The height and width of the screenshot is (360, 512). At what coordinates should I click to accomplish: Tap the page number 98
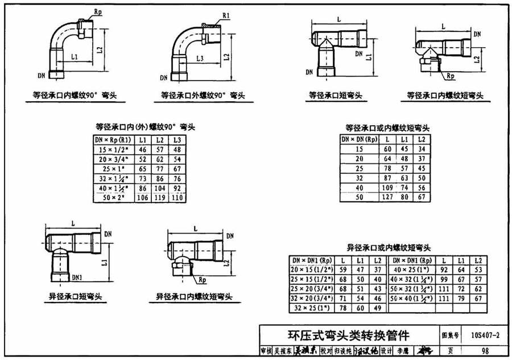[485, 351]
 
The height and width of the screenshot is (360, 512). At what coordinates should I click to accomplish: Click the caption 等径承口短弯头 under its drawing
[336, 96]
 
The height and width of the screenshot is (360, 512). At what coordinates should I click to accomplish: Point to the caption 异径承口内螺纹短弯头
[194, 297]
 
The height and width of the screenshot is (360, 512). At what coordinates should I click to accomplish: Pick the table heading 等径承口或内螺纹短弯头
[387, 128]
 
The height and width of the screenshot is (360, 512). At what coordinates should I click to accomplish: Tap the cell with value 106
[143, 197]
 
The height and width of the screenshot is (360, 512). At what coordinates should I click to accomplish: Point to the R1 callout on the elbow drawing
[226, 17]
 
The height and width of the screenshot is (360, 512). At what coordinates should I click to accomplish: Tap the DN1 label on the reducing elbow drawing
[77, 276]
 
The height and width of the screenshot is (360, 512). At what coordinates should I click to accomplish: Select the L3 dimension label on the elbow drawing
[200, 59]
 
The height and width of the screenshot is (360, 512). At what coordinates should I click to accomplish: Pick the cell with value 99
[444, 279]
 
